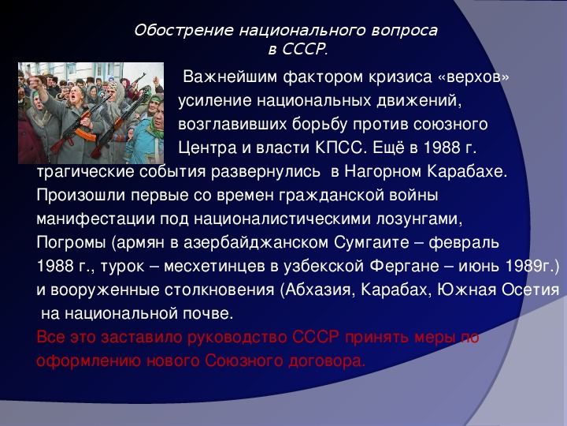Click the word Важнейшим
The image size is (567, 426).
tap(231, 77)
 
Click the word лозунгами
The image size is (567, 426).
tap(419, 219)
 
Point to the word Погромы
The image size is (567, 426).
tap(71, 243)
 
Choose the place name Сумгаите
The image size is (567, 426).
tap(372, 243)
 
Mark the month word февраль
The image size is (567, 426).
tap(464, 243)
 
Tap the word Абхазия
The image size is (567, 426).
tap(318, 290)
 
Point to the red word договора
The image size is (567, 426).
tap(327, 361)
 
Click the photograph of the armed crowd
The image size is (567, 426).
tap(91, 113)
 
